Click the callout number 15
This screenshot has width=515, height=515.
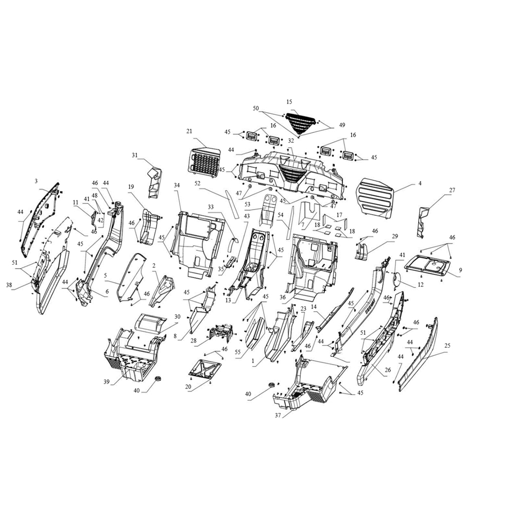click(289, 102)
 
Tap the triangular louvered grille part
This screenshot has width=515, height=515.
click(300, 124)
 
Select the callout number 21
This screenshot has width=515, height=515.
click(189, 131)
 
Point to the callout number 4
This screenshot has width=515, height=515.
click(420, 184)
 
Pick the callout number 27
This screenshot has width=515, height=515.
click(452, 190)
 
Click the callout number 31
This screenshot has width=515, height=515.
click(134, 155)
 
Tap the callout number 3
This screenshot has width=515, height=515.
click(36, 181)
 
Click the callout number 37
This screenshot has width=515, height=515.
click(278, 415)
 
